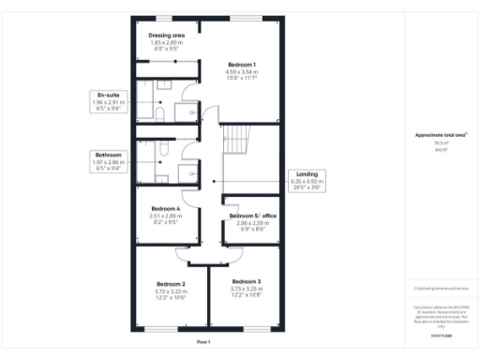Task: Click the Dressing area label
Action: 167,35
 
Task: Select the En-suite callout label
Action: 106,95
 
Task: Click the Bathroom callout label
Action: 106,154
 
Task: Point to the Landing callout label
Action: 307,173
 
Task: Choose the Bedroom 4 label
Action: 165,208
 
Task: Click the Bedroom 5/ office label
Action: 253,216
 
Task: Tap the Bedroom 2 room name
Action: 171,282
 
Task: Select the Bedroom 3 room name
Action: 247,281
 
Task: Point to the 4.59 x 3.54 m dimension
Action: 241,71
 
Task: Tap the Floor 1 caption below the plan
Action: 203,342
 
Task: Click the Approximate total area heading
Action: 435,135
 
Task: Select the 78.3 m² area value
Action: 434,143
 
